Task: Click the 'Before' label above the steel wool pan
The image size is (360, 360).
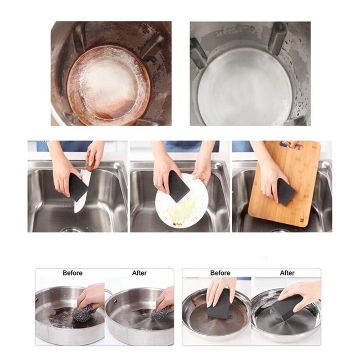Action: [x=73, y=273]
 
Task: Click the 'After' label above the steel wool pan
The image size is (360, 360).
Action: [x=139, y=273]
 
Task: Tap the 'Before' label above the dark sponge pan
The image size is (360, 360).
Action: [x=220, y=273]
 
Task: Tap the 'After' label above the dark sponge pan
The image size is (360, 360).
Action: [x=287, y=273]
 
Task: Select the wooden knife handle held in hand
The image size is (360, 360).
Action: [x=90, y=165]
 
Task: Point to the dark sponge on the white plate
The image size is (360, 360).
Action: [x=178, y=186]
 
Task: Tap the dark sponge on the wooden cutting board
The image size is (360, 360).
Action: [x=285, y=192]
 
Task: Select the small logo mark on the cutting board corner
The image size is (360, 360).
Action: [x=300, y=220]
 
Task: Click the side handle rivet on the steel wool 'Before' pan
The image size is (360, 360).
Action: [x=37, y=299]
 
